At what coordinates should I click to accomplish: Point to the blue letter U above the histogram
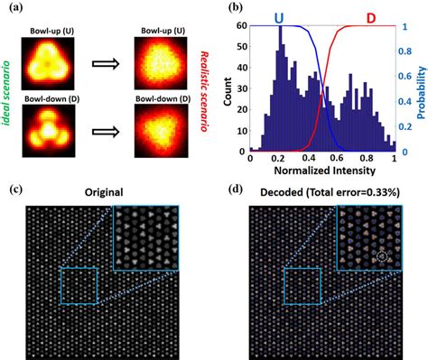click(x=280, y=15)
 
